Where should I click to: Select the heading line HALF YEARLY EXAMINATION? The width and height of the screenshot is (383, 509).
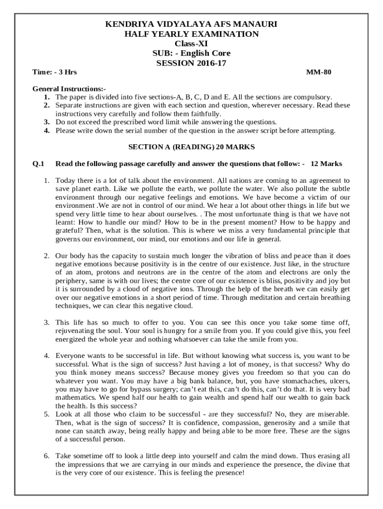coord(191,34)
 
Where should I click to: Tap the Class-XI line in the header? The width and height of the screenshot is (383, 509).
coord(191,43)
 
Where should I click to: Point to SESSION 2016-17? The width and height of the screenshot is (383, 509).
coord(191,63)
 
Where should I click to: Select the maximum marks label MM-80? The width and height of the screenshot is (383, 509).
coord(318,72)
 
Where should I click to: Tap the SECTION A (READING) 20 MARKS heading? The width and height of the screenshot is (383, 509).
coord(191,147)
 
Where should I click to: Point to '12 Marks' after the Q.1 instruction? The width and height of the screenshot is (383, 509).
coord(326,164)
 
